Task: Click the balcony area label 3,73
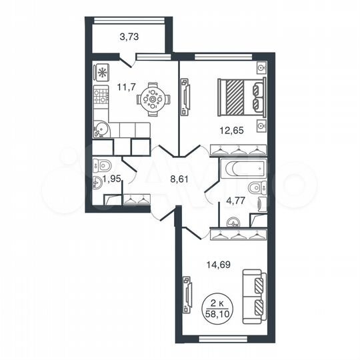pos(129,37)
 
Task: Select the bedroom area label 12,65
pos(232,131)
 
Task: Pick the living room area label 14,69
pos(210,263)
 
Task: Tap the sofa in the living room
pos(254,295)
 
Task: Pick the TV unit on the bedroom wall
pos(185,95)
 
